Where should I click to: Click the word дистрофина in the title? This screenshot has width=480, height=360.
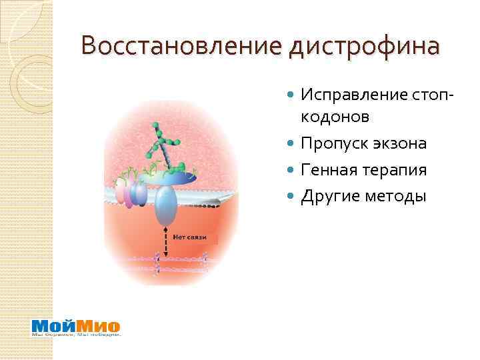coord(365,47)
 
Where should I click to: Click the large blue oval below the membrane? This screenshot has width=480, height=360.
coord(164,206)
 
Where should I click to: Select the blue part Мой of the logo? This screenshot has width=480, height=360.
coord(53,327)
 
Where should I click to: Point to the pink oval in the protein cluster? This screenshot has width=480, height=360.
coord(123,193)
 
